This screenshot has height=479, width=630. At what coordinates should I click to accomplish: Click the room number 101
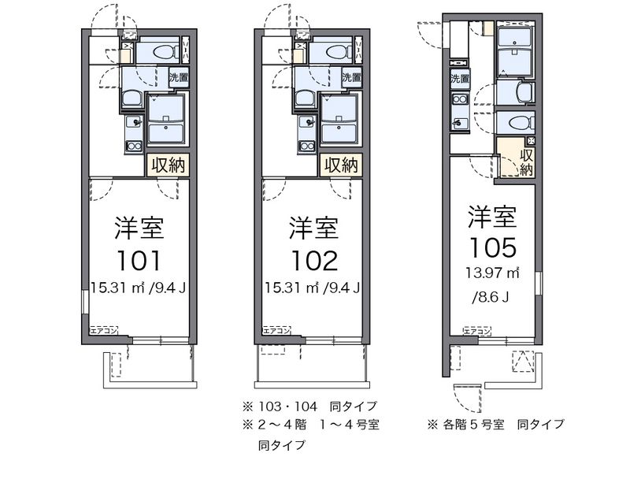139,259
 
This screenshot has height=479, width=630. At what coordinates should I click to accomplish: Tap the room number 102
313,259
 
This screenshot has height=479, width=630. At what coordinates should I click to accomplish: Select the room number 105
493,246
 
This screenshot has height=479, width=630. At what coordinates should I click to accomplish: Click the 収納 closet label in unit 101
169,165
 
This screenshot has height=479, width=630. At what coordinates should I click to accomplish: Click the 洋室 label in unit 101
139,228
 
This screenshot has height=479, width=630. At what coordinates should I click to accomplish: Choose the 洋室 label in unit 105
493,214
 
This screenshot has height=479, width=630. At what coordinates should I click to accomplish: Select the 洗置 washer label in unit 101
179,77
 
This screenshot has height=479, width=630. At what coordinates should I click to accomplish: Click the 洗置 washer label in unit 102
352,77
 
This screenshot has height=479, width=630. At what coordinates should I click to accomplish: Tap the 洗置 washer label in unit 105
460,78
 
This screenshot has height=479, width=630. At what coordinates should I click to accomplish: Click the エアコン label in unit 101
103,329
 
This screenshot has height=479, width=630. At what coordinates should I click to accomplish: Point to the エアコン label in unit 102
276,329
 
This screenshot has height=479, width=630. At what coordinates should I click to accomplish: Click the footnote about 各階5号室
496,425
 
